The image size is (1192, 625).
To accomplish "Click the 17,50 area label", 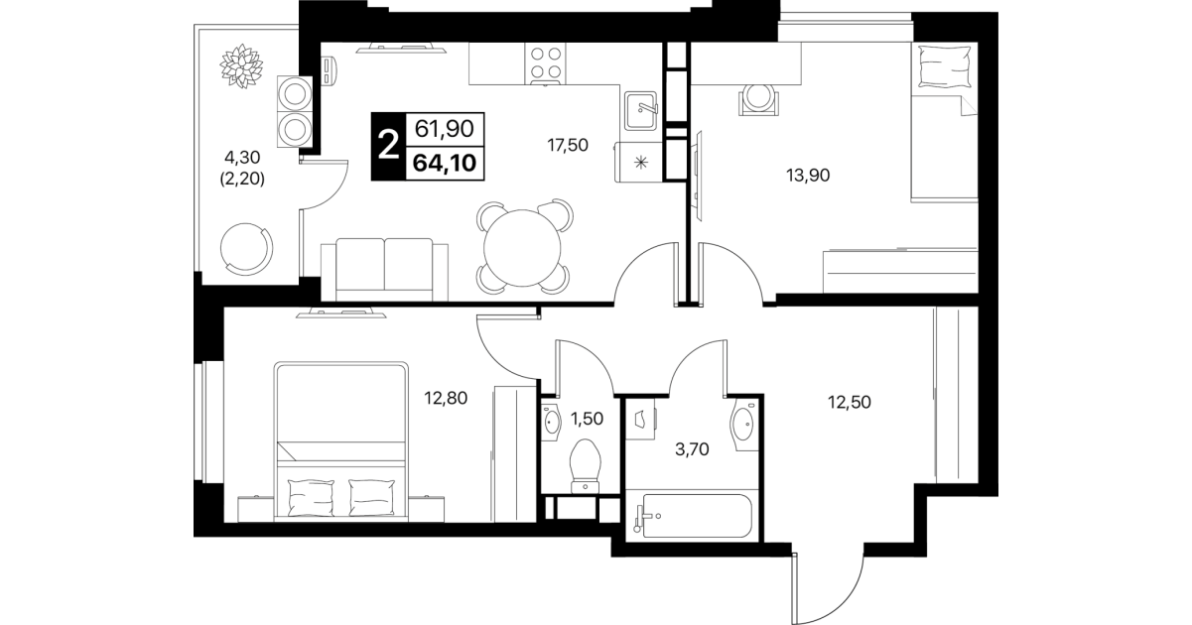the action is [568, 145].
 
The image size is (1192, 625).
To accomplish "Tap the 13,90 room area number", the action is [808, 175].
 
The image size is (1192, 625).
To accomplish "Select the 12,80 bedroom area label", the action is [446, 398].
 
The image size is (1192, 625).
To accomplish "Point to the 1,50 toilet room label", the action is [587, 419].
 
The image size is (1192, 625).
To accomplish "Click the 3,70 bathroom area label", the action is [692, 449].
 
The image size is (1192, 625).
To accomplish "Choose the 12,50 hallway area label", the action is [850, 402].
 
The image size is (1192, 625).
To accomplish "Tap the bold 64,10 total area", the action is [445, 163].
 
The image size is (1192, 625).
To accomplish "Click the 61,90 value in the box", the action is [445, 129].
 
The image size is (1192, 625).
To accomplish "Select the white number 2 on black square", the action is [388, 146].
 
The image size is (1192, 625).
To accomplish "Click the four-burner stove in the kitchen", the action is [546, 63].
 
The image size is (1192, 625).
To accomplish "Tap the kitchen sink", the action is [641, 111].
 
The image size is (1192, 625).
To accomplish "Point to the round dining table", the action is [523, 248].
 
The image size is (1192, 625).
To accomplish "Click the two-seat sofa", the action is [384, 270].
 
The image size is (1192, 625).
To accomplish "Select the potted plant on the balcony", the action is [241, 65].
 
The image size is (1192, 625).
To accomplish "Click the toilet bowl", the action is [586, 466].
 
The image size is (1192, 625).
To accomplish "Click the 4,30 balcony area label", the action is [242, 158].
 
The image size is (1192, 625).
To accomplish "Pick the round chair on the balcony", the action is [247, 249].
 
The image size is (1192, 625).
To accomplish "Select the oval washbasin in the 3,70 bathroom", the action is [743, 424].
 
